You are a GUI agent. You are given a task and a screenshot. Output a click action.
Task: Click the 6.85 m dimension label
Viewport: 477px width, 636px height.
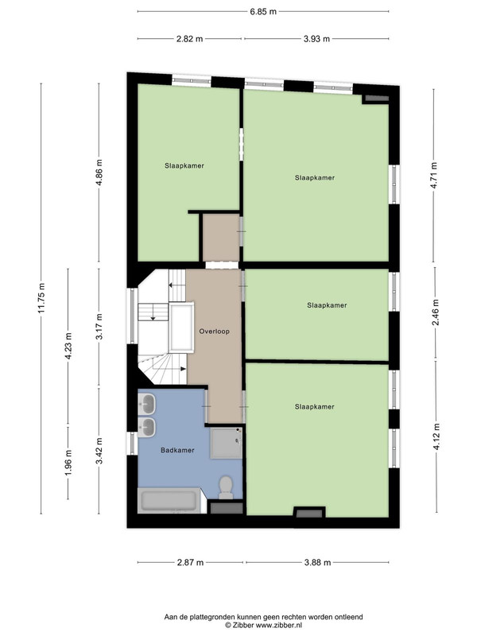pos(263,12)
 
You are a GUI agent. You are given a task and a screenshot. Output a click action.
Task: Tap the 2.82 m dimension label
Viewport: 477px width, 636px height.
pos(189,39)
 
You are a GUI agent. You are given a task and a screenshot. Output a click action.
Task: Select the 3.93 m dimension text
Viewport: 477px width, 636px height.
pos(316,39)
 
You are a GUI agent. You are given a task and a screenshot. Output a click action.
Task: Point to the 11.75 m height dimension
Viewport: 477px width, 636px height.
pos(41,298)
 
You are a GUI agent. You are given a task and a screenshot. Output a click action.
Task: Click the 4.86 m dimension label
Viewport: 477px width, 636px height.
pos(99,173)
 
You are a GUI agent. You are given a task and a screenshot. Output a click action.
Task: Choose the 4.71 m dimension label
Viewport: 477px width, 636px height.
pos(434,175)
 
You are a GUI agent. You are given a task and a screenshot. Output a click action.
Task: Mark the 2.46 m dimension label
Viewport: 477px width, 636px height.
pos(435,312)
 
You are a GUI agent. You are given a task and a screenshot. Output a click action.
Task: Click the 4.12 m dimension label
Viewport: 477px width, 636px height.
pos(436,436)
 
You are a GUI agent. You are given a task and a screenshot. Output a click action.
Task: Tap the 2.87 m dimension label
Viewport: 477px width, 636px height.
pos(190,563)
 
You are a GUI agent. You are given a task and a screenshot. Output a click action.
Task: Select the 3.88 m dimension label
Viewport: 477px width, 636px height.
pos(317,563)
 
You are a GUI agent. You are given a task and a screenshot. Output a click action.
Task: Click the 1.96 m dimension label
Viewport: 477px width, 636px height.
pos(68,463)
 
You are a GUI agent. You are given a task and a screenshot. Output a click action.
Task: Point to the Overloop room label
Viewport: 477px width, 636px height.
pos(214,332)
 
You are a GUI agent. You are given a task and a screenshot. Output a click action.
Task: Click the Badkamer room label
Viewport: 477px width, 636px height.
pos(177,450)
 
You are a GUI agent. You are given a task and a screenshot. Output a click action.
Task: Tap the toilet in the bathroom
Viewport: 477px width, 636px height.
pos(226,487)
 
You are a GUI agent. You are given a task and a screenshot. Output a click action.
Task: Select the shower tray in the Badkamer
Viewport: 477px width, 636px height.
pos(227,443)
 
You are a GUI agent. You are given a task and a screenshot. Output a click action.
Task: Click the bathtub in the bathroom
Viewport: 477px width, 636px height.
pos(169,501)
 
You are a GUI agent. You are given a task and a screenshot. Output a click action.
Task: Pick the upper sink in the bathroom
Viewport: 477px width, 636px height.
pos(146,404)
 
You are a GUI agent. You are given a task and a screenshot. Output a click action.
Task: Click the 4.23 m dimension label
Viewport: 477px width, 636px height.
pos(68,346)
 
